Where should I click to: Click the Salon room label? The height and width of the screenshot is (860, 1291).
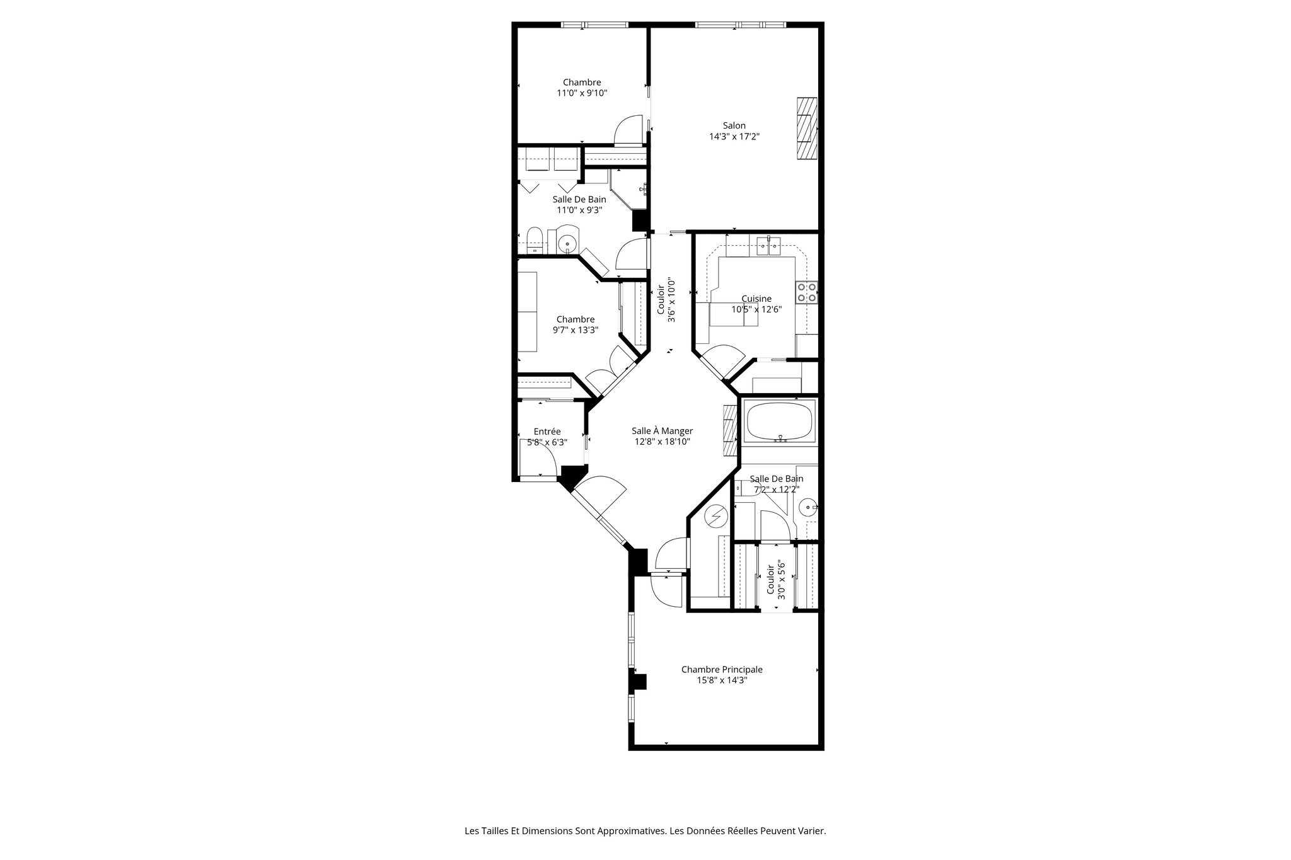(734, 125)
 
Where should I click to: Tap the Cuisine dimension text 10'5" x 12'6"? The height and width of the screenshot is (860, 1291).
(756, 309)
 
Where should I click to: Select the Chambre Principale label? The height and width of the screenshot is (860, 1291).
(722, 669)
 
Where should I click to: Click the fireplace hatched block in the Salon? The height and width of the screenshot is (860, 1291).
(806, 130)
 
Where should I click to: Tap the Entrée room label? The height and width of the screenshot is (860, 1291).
(547, 432)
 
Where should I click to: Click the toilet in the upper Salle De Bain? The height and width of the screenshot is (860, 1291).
(535, 241)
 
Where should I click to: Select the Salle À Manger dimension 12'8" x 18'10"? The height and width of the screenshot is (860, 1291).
(663, 442)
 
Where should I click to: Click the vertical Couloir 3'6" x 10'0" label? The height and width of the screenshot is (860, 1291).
(666, 300)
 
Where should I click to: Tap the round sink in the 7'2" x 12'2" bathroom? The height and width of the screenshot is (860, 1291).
(807, 507)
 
